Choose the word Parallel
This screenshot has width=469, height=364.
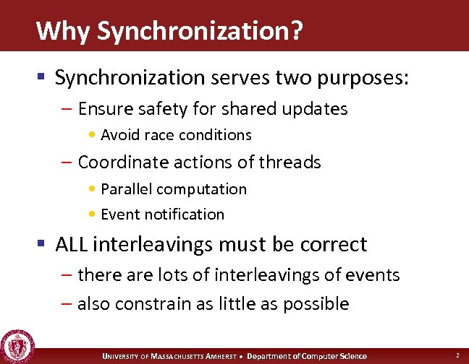click(127, 189)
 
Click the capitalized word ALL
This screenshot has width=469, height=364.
click(70, 245)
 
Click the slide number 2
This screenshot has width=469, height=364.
click(457, 355)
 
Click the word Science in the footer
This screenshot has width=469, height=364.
click(353, 356)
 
